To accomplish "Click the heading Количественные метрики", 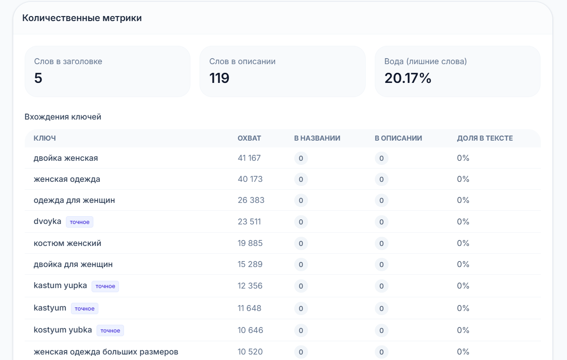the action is [x=82, y=18].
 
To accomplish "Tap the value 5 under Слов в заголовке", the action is [x=38, y=78].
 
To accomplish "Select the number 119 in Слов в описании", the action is [x=219, y=78].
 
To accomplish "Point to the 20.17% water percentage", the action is [x=408, y=78].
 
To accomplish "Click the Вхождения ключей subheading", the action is [x=63, y=117].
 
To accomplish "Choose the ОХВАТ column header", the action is [x=249, y=138].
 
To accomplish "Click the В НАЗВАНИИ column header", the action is [x=317, y=138].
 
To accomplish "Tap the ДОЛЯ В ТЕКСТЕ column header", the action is [x=485, y=138].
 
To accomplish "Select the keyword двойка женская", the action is [x=66, y=158].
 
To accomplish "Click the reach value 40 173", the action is [x=250, y=179].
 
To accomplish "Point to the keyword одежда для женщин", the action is [x=74, y=200].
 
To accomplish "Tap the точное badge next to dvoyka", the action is [x=80, y=222].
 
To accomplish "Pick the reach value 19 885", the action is [x=250, y=243].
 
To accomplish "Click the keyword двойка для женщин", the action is [x=73, y=264].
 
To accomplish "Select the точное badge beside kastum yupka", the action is [x=105, y=286].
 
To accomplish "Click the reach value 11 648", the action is [x=249, y=308].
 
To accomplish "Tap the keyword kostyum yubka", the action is [x=63, y=330].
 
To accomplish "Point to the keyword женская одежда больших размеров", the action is [x=106, y=352].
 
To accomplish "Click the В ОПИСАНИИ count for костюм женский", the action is [x=382, y=244].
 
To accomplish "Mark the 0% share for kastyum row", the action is [x=463, y=308].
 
